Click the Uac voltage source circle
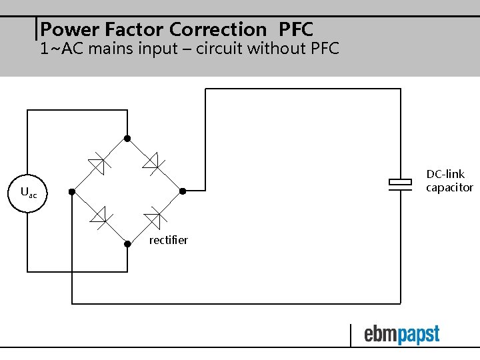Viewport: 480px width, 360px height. pyautogui.click(x=27, y=193)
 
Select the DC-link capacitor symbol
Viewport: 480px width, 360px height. pyautogui.click(x=401, y=185)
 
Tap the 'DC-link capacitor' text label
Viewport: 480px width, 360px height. pyautogui.click(x=449, y=181)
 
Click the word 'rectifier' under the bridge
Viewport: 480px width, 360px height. pyautogui.click(x=168, y=240)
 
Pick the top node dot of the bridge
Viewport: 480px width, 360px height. pyautogui.click(x=128, y=139)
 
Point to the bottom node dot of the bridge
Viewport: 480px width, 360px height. pyautogui.click(x=128, y=243)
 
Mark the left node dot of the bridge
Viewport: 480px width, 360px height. pyautogui.click(x=72, y=192)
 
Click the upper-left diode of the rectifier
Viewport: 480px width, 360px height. pyautogui.click(x=98, y=162)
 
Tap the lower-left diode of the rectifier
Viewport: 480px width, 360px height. pyautogui.click(x=99, y=215)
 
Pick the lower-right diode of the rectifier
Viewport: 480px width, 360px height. pyautogui.click(x=155, y=215)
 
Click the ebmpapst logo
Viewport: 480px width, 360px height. pyautogui.click(x=401, y=335)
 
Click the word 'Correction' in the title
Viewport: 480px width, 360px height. pyautogui.click(x=217, y=29)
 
